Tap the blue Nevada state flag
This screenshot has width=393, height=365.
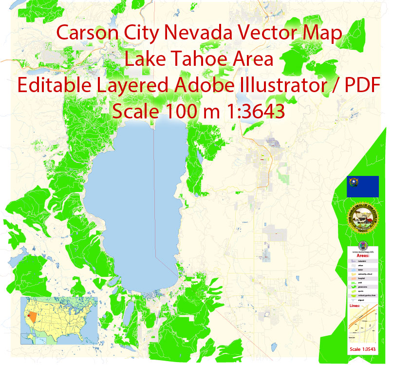pyautogui.click(x=363, y=187)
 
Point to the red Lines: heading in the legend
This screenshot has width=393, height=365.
pyautogui.click(x=357, y=306)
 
